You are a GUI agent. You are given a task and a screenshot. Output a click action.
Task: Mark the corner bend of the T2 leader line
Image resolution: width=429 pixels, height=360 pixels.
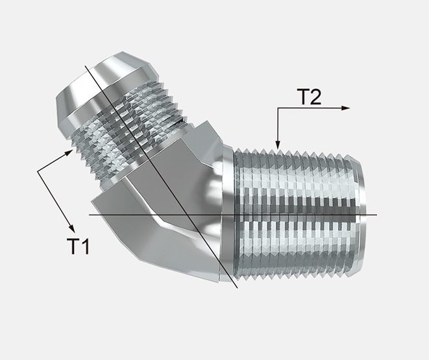tap(277, 108)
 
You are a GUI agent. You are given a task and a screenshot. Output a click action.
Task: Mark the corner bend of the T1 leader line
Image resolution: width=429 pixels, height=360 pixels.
tap(38, 171)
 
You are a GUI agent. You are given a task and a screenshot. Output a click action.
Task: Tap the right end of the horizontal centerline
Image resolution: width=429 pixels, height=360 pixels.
tap(376, 214)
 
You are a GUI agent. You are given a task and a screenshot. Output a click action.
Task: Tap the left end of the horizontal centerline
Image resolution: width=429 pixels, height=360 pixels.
tap(90, 214)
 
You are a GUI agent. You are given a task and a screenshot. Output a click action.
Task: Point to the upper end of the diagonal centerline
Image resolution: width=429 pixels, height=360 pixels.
tap(84, 66)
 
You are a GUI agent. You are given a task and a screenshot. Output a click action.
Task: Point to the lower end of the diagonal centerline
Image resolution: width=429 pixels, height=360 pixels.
tap(238, 287)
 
